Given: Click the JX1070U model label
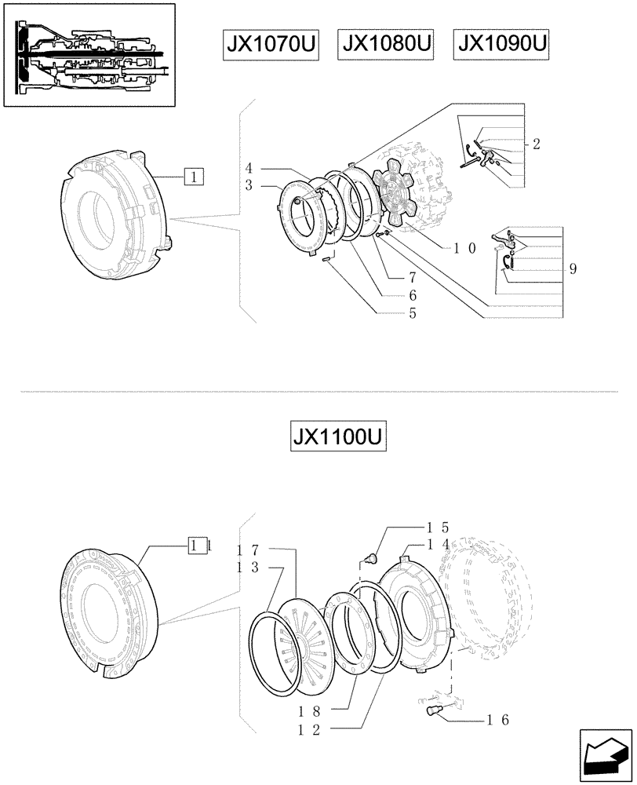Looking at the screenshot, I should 269,47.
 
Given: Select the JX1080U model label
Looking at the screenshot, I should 387,47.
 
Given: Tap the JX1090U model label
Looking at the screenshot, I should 501,47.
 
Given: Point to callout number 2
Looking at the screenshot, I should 535,144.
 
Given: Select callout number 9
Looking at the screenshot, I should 573,268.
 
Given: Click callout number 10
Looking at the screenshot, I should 461,246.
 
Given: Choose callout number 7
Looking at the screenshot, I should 411,279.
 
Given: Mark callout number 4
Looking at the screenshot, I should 248,168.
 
